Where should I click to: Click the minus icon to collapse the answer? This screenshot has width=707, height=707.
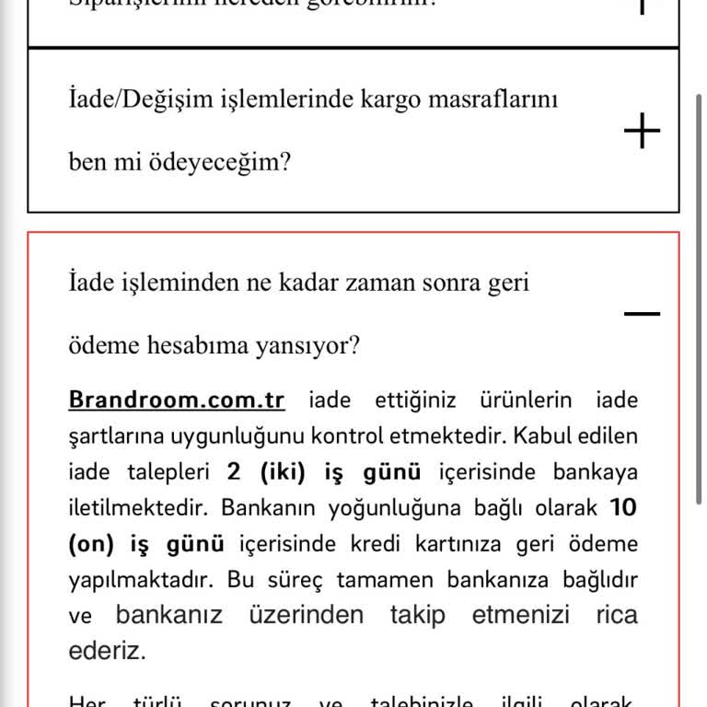pos(643,313)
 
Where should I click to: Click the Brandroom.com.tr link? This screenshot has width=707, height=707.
pos(177,400)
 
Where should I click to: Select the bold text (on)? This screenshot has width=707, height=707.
pos(90,543)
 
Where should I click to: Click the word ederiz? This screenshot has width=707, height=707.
pos(107,651)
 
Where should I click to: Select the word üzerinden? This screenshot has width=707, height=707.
pos(306,615)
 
